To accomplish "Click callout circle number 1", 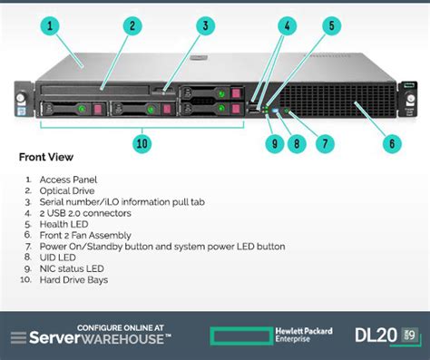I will coord(52,25).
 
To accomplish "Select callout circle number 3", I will coord(207,25).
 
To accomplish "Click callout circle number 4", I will coord(286,25).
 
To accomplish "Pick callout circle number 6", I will coord(392,142).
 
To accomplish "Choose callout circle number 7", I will coord(324,142).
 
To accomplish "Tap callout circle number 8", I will coord(297,142).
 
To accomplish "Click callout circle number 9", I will coord(271,142).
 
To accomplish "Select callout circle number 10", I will coord(141,142).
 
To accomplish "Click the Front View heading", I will coord(45,158).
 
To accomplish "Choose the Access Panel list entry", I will coord(68,180).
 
